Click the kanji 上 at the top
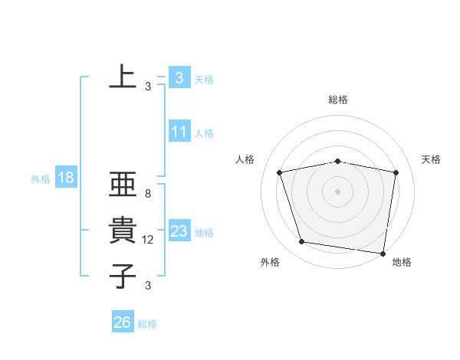tap(123, 76)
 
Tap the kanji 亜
tap(123, 187)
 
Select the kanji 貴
tap(123, 231)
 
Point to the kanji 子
tap(123, 276)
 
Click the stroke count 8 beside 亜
tap(148, 195)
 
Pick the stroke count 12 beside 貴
tap(148, 240)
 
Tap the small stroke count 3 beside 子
tap(148, 286)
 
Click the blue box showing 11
tap(179, 132)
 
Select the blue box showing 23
tap(179, 231)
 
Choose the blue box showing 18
tap(65, 178)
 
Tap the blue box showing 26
tap(122, 322)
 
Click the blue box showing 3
tap(179, 77)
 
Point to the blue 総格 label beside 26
tap(147, 324)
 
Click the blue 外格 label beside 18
tap(41, 179)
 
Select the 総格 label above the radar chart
tap(338, 100)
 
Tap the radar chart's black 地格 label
tap(402, 263)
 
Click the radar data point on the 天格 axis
tap(396, 172)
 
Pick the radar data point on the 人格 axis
tap(280, 172)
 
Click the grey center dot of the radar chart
tap(337, 191)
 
